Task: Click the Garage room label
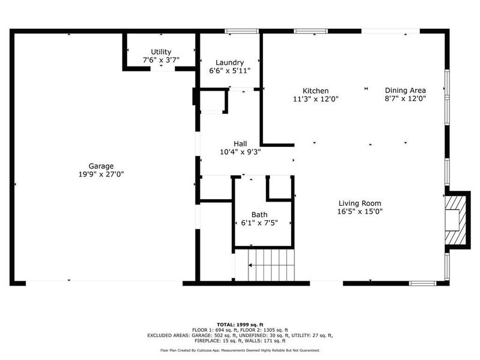[x=101, y=166]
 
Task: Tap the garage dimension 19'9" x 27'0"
[x=101, y=174]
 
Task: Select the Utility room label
[x=161, y=52]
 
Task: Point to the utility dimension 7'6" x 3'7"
[x=161, y=60]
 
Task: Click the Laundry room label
[x=229, y=62]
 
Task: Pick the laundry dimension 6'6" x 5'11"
[x=229, y=70]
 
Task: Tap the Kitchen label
[x=316, y=91]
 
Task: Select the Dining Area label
[x=405, y=91]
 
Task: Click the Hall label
[x=241, y=143]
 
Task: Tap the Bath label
[x=260, y=214]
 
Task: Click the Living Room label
[x=359, y=203]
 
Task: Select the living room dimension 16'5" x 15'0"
[x=359, y=211]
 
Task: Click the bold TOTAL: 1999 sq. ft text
[x=239, y=323]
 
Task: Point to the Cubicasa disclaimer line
[x=239, y=350]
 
